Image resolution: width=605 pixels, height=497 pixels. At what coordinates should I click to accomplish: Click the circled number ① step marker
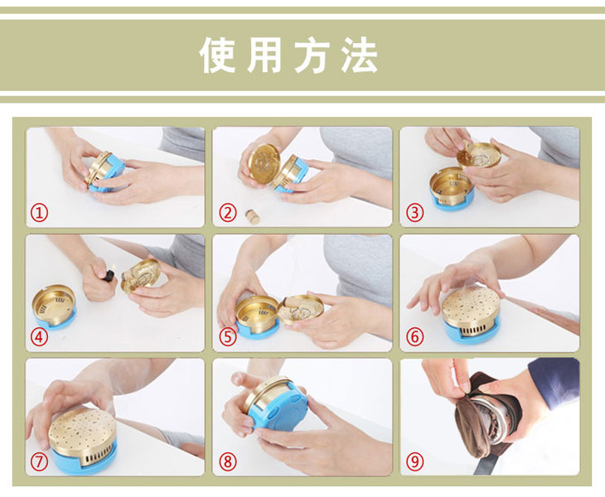coord(39,213)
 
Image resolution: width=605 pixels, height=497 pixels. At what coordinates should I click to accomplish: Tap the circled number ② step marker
coord(228,213)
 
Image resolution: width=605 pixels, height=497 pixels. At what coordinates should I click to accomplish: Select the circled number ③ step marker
coord(414,213)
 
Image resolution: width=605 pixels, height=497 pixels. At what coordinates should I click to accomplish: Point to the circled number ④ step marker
coord(39,337)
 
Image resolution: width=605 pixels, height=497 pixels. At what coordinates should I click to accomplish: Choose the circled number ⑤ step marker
coord(228,337)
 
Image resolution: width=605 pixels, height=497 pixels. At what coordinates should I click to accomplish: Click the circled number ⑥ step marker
coord(414,336)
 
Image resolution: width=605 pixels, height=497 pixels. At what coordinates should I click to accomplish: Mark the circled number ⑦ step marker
coord(39,461)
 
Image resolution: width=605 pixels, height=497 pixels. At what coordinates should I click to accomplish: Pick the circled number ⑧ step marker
coord(228,461)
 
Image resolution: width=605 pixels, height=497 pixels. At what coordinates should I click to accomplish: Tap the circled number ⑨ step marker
coord(414,461)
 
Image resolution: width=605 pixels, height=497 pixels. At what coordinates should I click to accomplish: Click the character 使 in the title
coord(218,55)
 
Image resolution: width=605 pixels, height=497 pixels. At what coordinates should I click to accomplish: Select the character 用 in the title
coord(264,55)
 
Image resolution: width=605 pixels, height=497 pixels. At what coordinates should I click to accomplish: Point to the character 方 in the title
coord(312,55)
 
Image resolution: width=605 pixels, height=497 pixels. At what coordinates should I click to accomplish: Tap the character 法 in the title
coord(359,55)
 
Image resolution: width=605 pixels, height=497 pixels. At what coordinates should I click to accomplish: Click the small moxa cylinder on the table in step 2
coord(253,216)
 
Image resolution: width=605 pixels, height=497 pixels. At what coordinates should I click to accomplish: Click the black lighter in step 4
coord(109,275)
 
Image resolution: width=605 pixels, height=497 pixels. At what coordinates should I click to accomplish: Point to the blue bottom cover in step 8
coord(279,412)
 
